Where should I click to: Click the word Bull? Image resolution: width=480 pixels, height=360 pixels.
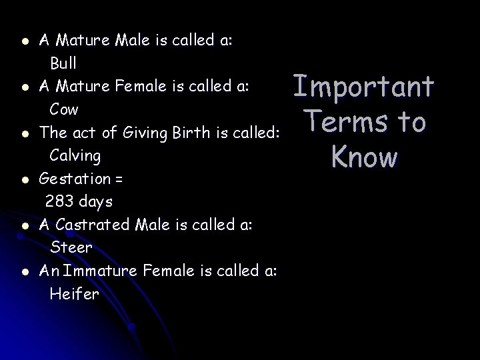pos(63,63)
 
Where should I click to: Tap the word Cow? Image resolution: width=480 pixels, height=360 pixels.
pos(64,109)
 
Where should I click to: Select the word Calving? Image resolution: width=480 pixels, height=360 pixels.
pos(75,156)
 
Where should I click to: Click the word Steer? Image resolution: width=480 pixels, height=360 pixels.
pos(71,247)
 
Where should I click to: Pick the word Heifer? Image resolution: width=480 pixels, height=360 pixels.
pos(74,293)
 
